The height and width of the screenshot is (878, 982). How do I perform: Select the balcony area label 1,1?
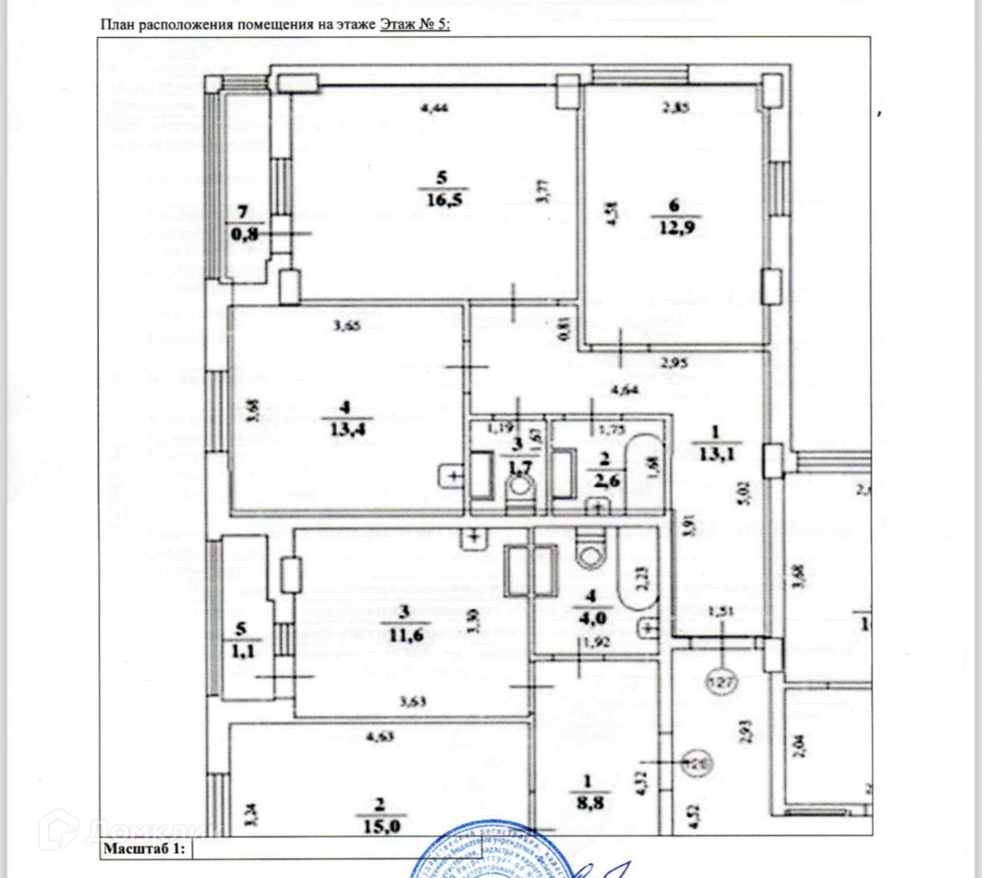point(239,650)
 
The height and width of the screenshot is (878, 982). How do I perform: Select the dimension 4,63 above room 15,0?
point(380,737)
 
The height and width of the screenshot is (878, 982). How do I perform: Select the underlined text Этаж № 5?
point(414,24)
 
